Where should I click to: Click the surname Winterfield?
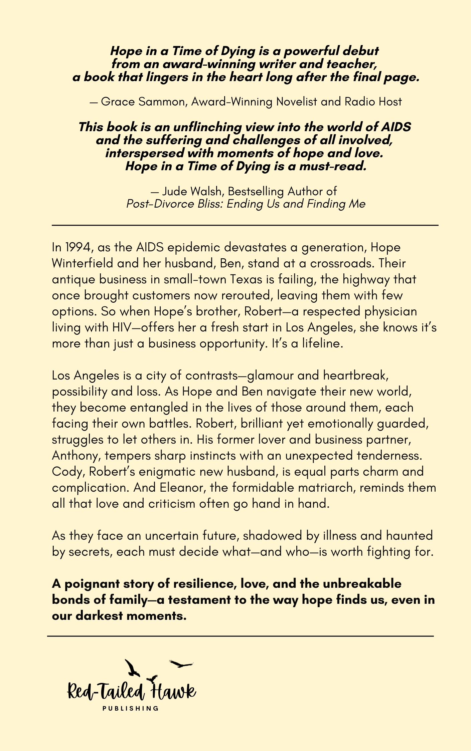(83, 263)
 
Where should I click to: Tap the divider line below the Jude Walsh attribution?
(245, 226)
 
